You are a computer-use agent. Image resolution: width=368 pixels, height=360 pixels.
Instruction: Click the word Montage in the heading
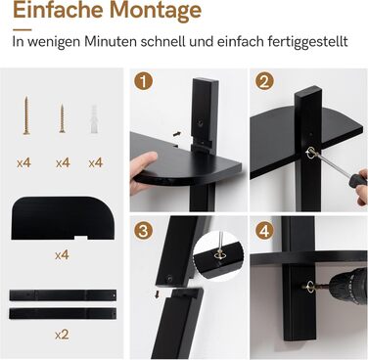156,11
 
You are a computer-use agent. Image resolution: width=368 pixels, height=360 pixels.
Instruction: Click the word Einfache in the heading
58,9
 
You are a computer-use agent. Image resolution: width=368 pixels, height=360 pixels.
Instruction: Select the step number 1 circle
143,81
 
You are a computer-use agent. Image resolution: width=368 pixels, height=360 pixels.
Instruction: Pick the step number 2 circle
264,81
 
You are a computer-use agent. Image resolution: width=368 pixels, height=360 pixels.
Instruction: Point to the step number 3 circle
143,231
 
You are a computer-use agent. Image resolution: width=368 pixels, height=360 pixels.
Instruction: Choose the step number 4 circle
264,231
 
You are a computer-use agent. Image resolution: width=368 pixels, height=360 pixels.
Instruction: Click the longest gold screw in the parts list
26,115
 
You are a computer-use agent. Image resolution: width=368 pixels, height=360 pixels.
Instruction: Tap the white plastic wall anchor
94,118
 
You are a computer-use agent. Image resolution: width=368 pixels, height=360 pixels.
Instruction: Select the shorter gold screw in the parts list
62,118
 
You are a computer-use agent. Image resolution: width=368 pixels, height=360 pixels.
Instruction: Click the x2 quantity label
62,335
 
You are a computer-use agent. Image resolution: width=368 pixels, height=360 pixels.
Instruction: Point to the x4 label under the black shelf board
62,254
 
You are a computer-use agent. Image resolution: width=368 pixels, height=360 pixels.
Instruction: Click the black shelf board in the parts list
63,218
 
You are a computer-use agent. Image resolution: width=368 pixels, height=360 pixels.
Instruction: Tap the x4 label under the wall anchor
96,162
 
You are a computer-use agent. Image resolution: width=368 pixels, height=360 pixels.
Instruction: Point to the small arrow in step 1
177,133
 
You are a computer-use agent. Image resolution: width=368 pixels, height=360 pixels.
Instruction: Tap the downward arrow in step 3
158,294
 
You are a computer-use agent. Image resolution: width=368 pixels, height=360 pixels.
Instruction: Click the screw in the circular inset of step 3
218,255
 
